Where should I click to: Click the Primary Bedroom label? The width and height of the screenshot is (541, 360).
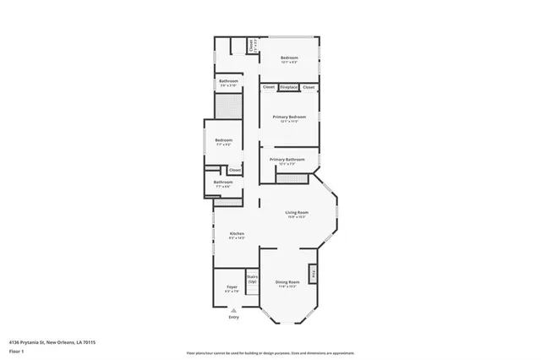(288, 117)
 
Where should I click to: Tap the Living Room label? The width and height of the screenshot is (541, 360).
(296, 212)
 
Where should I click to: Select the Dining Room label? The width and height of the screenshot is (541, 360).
(288, 281)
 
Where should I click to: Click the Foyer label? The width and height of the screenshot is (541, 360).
(232, 286)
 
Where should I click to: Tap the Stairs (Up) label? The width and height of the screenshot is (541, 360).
(252, 278)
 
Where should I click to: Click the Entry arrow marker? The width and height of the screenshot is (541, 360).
(233, 309)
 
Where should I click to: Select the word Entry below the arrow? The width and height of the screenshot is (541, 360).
(233, 318)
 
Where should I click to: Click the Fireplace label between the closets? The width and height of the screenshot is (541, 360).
(288, 87)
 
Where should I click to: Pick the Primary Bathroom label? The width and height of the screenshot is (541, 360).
(287, 159)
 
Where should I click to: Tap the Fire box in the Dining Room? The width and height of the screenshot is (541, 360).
(314, 274)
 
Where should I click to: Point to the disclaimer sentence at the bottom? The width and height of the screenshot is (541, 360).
(270, 352)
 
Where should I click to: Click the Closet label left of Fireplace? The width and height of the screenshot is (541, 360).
(268, 87)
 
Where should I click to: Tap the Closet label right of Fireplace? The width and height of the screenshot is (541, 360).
(309, 87)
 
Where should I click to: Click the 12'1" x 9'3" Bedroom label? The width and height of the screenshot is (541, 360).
(290, 58)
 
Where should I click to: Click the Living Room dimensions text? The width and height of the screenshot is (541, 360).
(296, 217)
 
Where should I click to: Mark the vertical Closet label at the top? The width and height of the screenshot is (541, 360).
(251, 46)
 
